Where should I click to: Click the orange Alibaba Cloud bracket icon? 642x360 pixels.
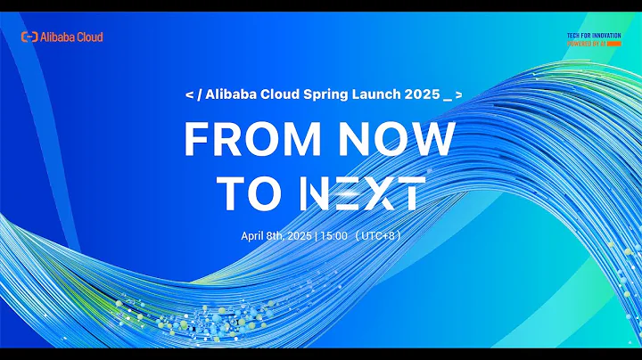(x=28, y=37)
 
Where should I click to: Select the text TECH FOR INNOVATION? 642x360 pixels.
(x=594, y=36)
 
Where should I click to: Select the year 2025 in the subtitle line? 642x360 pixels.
(x=425, y=94)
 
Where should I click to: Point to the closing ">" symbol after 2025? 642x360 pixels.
(x=458, y=94)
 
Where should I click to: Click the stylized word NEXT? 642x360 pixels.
(x=358, y=192)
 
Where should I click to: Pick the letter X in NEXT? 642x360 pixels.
(x=374, y=192)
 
